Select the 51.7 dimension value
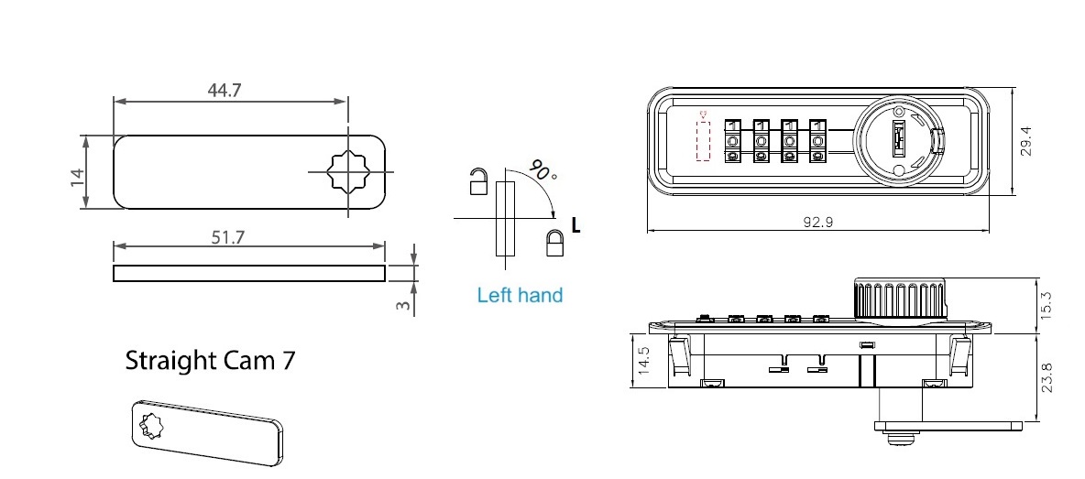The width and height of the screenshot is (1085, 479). click(x=228, y=237)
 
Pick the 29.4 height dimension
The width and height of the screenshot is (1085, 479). click(x=1025, y=141)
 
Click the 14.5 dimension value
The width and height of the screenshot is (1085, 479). click(x=643, y=361)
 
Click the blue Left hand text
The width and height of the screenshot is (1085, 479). click(x=520, y=296)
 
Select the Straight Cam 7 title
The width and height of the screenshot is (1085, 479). click(x=210, y=360)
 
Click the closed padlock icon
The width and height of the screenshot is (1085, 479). click(x=554, y=243)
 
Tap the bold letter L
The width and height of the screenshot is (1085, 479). click(x=575, y=224)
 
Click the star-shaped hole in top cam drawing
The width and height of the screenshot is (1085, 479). click(x=347, y=172)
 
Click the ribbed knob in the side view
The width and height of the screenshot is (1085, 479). click(x=900, y=299)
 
